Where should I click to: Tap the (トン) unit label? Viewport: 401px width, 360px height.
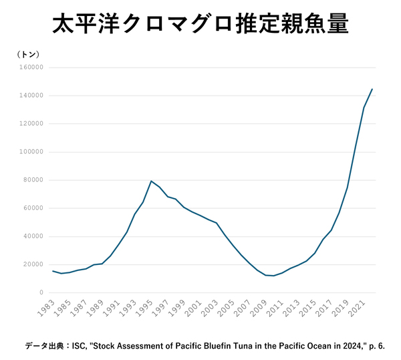[30, 54]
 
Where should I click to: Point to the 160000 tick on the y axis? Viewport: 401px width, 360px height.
[31, 68]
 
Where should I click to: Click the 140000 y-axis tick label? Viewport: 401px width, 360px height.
[31, 96]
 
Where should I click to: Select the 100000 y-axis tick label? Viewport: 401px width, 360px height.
[31, 152]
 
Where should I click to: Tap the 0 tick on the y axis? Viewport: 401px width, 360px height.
[41, 292]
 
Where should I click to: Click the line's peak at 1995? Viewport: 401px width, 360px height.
[151, 181]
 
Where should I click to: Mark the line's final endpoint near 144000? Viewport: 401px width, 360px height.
[372, 89]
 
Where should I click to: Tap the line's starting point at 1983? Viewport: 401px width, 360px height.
[53, 271]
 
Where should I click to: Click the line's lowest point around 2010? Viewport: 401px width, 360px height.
[273, 276]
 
